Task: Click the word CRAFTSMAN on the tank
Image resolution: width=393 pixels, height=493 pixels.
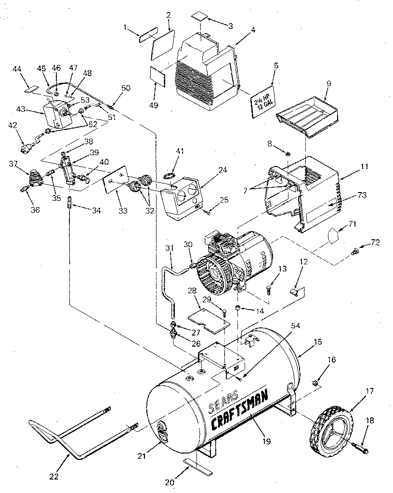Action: pyautogui.click(x=239, y=409)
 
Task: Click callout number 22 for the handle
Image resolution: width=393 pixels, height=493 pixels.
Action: pyautogui.click(x=53, y=477)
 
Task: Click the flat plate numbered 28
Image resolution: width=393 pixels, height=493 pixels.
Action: pyautogui.click(x=207, y=318)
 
